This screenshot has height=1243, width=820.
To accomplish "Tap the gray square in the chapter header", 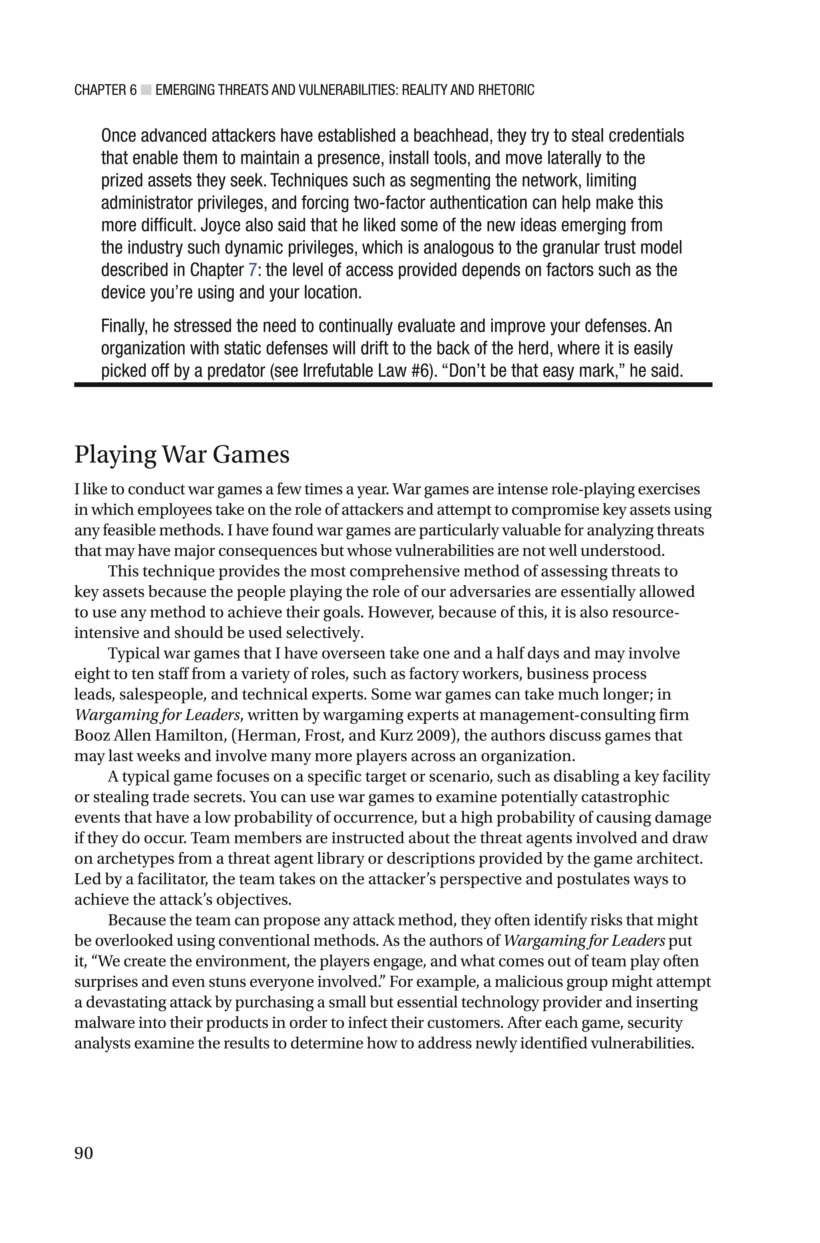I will [146, 90].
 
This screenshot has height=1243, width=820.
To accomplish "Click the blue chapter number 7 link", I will [252, 270].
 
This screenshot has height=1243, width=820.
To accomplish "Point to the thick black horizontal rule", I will [393, 384].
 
